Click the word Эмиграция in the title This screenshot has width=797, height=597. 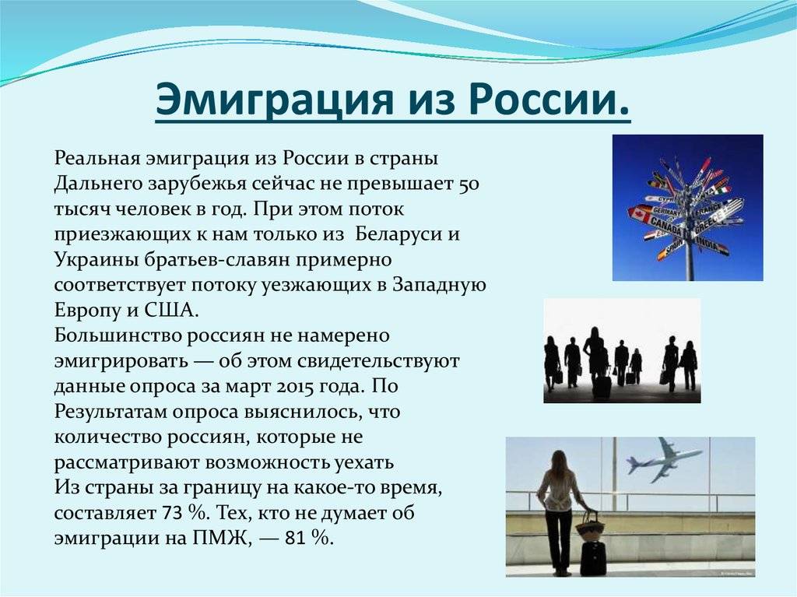tap(275, 99)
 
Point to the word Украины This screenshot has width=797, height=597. tap(90, 260)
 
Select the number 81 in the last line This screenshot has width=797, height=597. tap(295, 539)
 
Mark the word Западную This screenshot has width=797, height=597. tap(439, 286)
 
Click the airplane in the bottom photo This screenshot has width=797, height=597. tap(662, 460)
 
